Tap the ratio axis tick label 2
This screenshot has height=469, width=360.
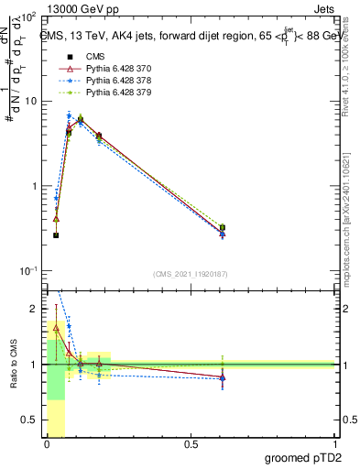click(x=37, y=309)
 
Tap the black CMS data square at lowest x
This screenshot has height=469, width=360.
click(x=56, y=235)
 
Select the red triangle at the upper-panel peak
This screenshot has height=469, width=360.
click(x=81, y=118)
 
